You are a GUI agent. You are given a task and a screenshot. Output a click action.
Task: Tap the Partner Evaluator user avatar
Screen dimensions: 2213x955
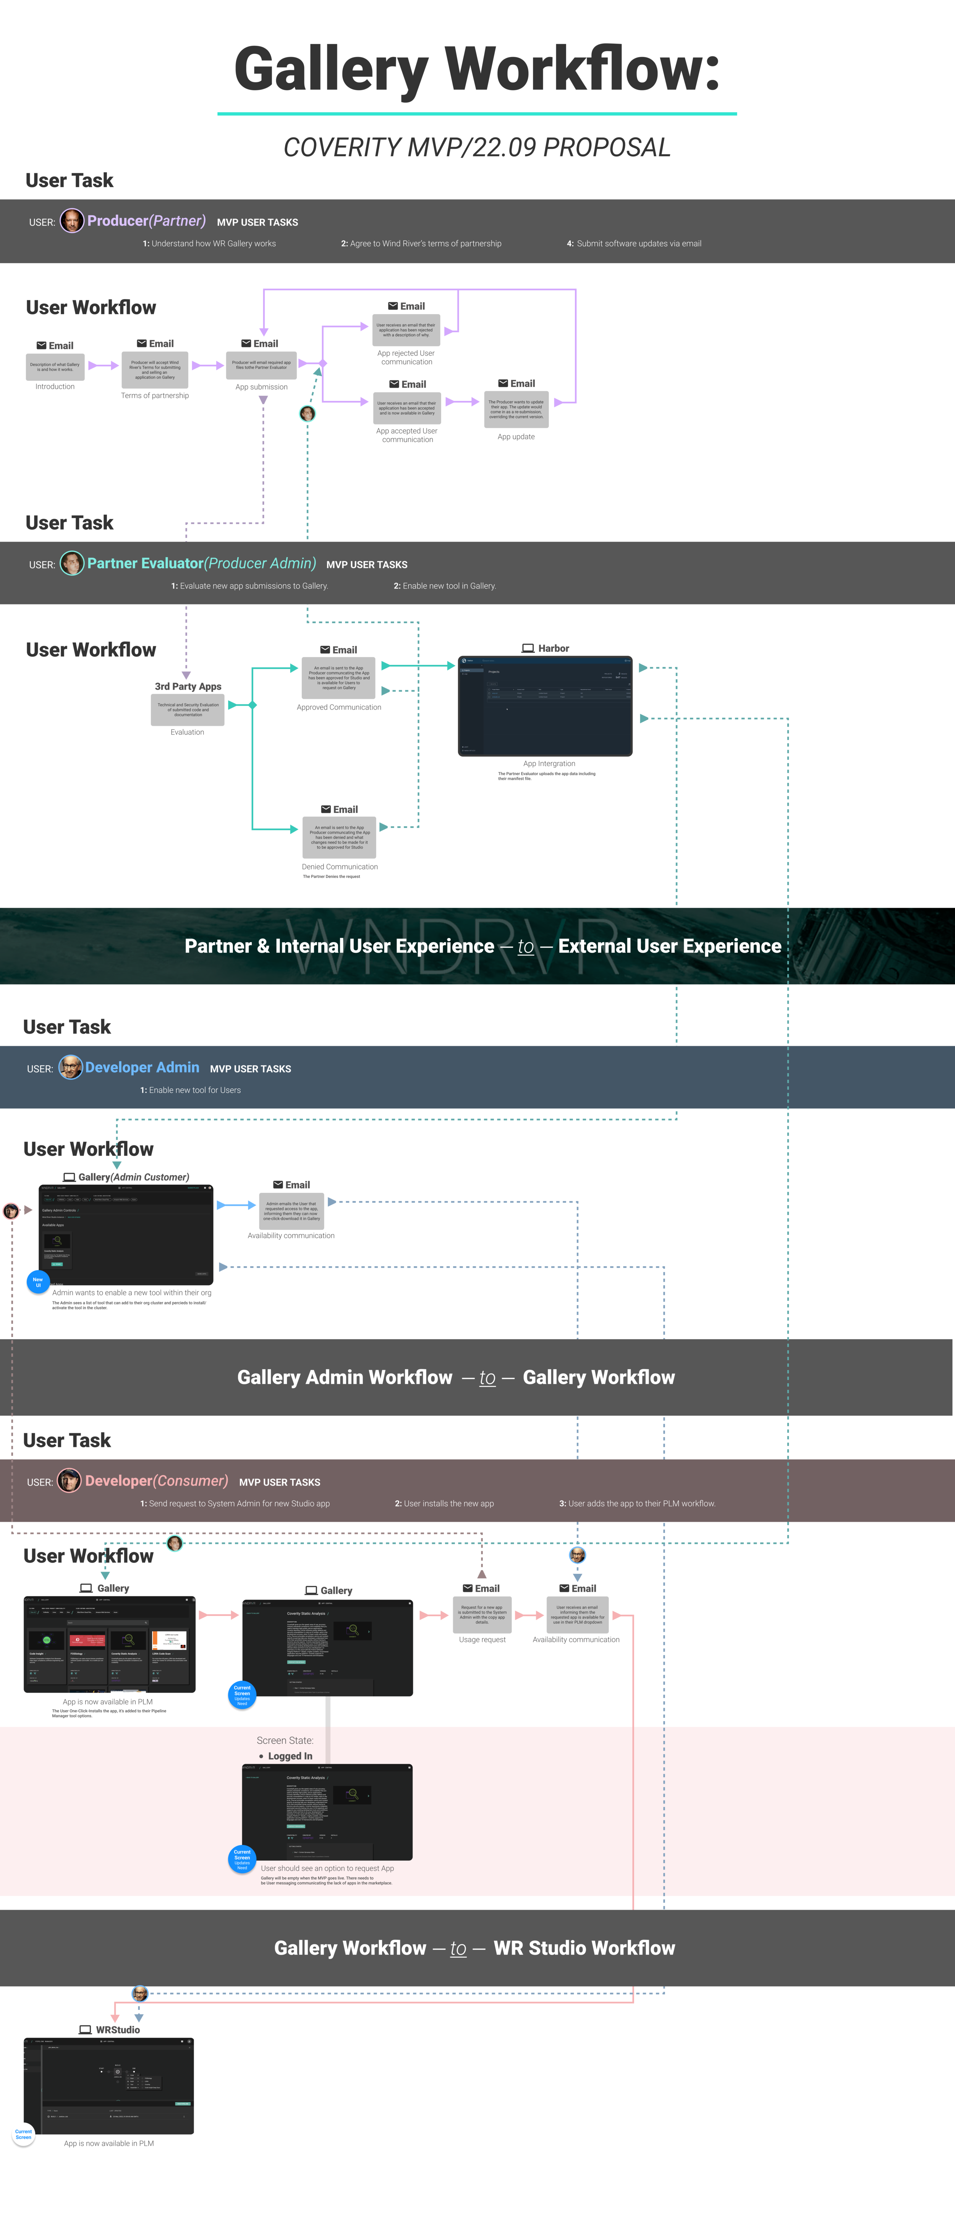72,564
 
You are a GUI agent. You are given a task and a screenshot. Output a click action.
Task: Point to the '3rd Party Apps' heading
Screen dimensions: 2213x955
188,687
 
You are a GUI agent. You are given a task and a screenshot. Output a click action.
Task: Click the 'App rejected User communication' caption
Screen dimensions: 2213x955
406,357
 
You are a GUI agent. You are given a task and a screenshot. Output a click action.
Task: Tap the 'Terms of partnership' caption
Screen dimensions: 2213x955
155,396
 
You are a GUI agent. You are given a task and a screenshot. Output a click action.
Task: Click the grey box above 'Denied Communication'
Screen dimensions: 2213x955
339,838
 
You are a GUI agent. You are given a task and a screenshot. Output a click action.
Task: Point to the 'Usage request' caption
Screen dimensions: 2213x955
482,1640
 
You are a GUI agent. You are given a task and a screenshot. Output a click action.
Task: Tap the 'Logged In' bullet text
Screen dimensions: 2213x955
290,1756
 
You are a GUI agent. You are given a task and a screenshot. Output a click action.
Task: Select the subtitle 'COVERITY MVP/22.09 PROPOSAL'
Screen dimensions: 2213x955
477,148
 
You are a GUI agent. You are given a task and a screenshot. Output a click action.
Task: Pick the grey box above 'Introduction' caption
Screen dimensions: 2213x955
55,367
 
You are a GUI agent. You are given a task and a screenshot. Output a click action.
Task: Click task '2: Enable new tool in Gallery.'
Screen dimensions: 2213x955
445,586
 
